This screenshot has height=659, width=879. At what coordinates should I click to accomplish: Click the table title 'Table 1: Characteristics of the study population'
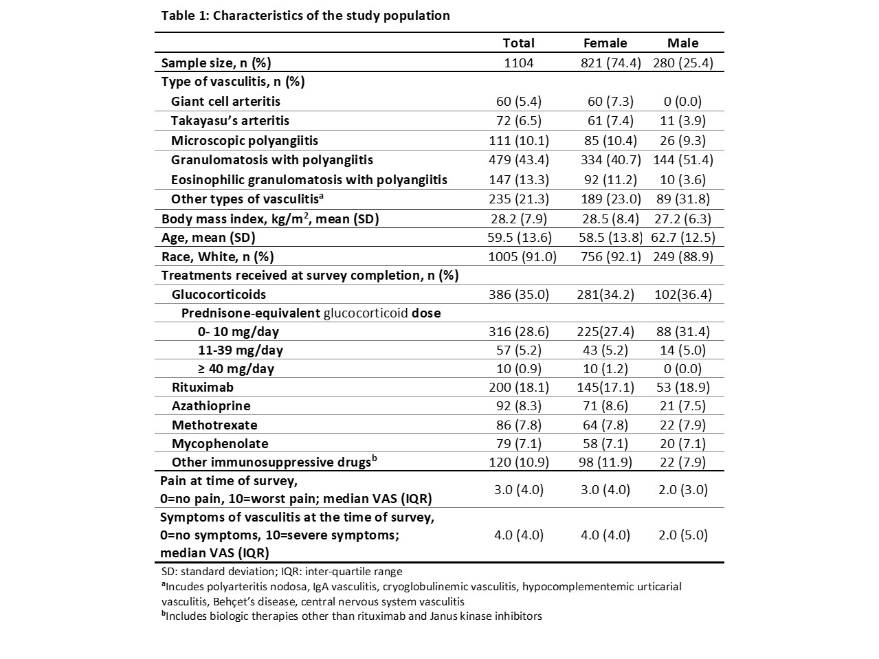(305, 15)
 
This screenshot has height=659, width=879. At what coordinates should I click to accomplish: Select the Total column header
(518, 43)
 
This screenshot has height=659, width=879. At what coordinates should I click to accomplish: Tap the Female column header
(605, 43)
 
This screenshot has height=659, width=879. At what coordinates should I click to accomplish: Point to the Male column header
(682, 43)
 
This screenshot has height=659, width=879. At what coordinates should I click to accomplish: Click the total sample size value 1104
(518, 63)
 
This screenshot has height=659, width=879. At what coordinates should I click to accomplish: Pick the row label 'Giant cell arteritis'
(225, 101)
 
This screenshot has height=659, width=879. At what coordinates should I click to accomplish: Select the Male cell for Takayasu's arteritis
(682, 120)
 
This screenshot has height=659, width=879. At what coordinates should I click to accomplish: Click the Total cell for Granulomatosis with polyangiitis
(518, 159)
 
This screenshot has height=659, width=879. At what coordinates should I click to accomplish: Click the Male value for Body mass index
(682, 219)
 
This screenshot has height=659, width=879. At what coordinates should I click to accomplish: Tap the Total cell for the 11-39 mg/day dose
(518, 350)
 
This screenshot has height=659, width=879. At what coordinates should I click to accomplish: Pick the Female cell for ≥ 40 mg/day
(605, 368)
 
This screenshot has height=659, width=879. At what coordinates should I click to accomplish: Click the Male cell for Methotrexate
(682, 425)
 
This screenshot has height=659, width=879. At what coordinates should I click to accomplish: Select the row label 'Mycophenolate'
(220, 443)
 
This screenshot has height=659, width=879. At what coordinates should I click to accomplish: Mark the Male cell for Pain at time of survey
(682, 489)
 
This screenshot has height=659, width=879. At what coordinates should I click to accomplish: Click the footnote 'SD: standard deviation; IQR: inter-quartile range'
(282, 571)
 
